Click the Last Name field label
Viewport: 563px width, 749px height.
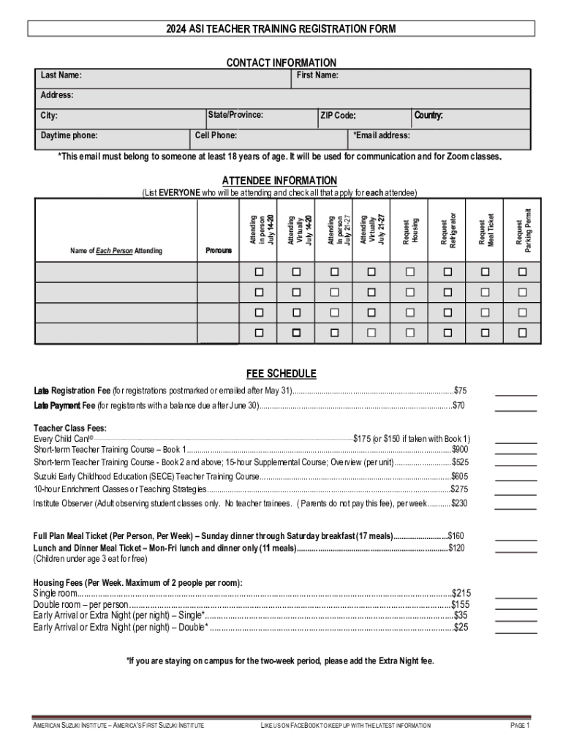[x=61, y=76]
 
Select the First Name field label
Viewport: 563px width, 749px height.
[x=317, y=76]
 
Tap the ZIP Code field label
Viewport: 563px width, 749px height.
[x=338, y=116]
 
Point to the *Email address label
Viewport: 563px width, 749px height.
[x=382, y=135]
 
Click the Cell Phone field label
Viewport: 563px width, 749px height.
[x=216, y=135]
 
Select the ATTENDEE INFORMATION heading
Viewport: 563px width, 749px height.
[x=279, y=181]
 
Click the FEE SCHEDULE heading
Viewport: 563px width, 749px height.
[x=281, y=374]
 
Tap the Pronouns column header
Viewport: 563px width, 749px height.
[x=219, y=250]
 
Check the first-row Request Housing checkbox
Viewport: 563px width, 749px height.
[x=410, y=272]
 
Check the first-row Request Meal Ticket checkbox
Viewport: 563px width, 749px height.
[x=485, y=272]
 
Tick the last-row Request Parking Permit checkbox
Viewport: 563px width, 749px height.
[x=523, y=332]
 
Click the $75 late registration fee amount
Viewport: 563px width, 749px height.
[x=460, y=390]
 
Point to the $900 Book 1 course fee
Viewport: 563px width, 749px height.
[x=460, y=449]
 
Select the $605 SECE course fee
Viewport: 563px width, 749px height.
[x=460, y=476]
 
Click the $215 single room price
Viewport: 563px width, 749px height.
[x=462, y=592]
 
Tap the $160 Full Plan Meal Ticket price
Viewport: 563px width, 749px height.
[x=456, y=535]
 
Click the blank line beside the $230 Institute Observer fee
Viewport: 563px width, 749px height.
[x=515, y=507]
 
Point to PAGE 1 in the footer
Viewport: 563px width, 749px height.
[x=520, y=726]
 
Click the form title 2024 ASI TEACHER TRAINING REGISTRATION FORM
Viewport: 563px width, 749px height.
[x=281, y=29]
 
